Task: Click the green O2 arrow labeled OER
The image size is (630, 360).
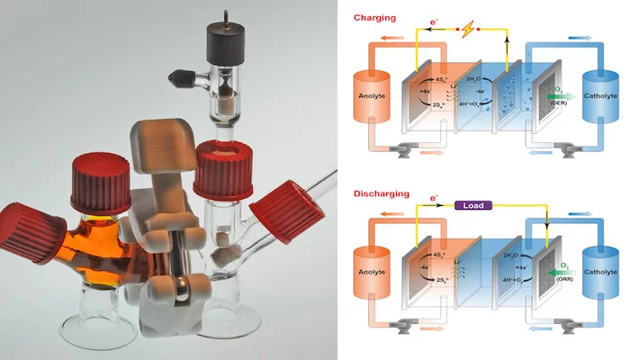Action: pyautogui.click(x=548, y=93)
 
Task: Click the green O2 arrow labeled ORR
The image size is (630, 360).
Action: pyautogui.click(x=548, y=268)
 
